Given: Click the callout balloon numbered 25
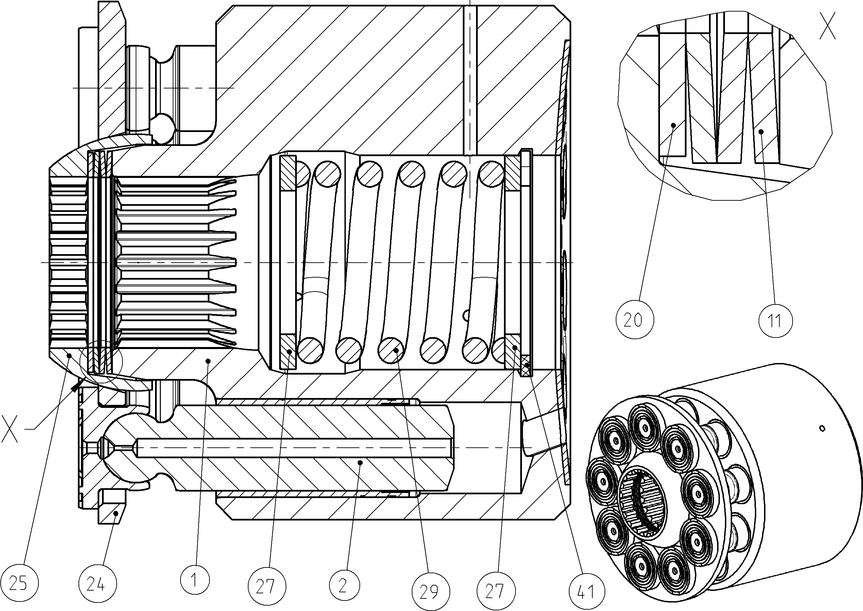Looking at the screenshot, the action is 19,583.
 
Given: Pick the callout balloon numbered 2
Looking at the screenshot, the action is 344,585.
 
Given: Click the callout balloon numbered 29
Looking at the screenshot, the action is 430,591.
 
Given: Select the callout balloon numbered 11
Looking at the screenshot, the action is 775,320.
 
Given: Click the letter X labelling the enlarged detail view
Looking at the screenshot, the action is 827,26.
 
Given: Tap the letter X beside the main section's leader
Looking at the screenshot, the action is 9,428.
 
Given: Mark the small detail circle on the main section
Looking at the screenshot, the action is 102,361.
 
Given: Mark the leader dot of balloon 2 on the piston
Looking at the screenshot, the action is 360,462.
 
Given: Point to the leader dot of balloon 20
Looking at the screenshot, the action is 674,125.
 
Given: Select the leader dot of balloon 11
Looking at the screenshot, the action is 761,131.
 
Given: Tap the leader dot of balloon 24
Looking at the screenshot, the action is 117,513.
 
